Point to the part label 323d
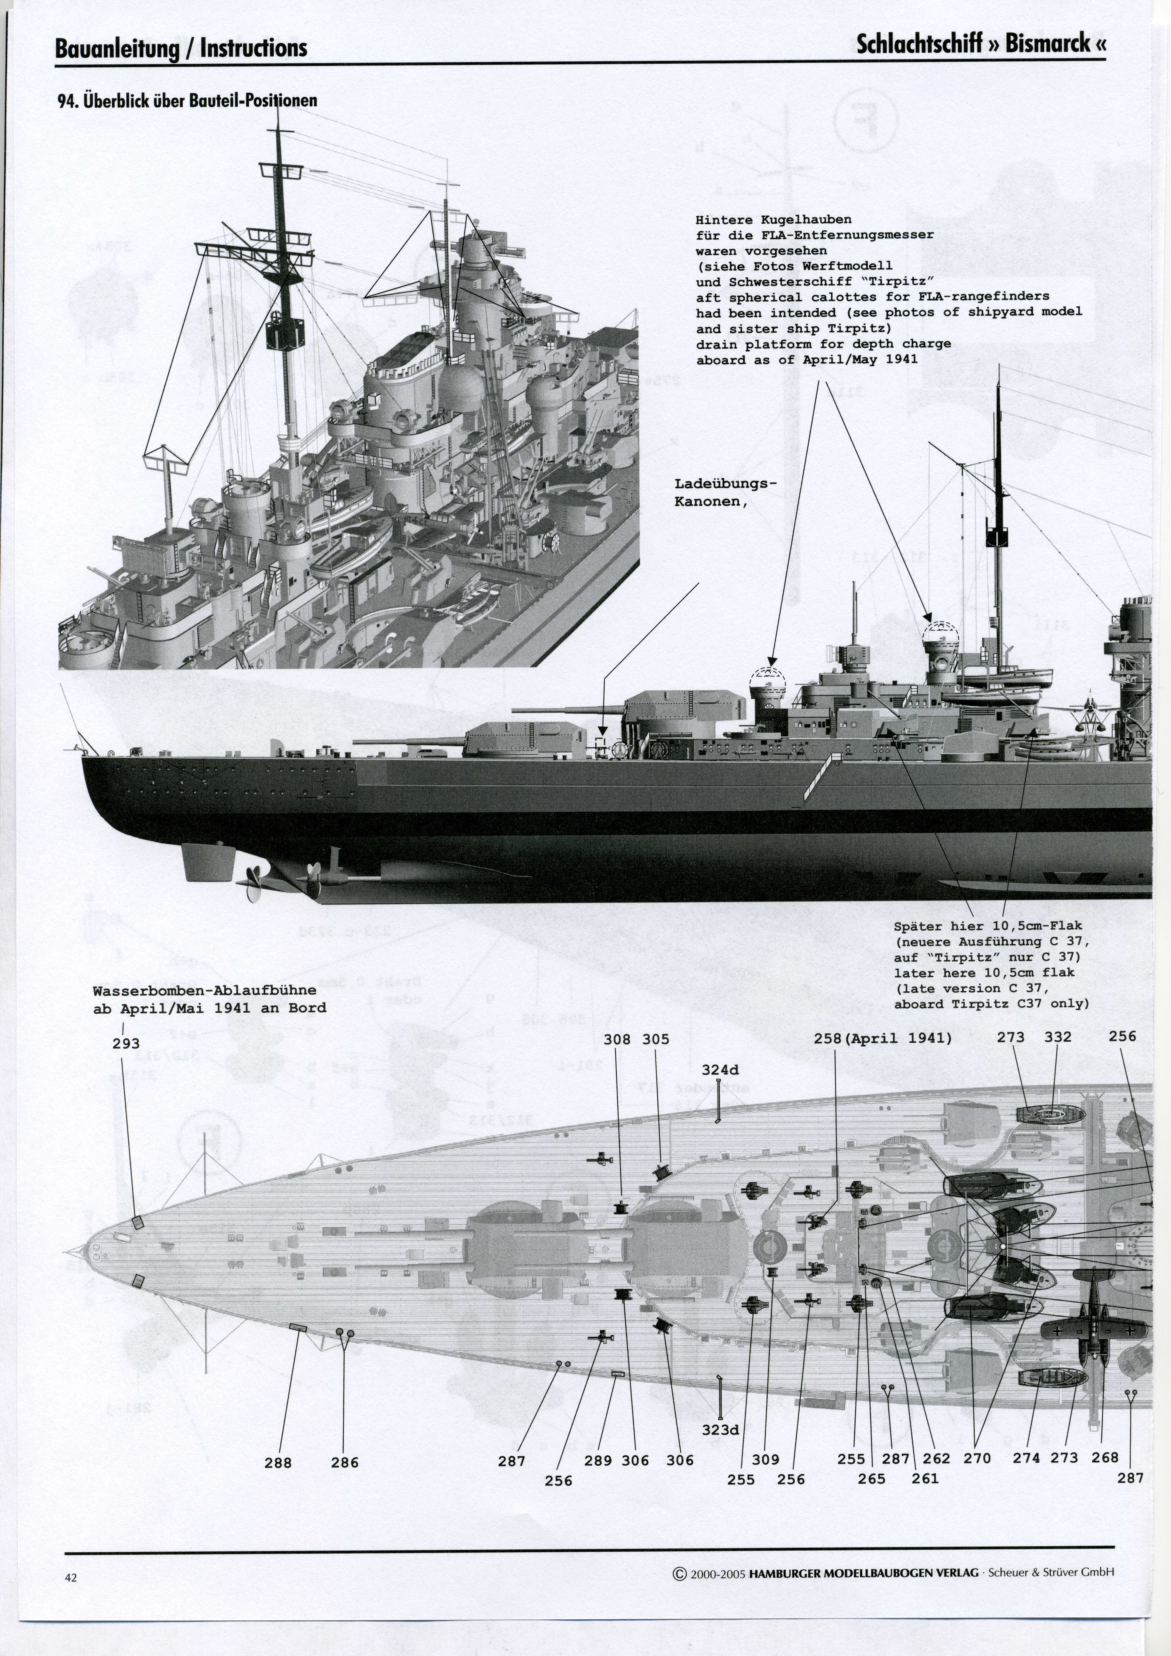[x=720, y=1430]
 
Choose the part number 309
[x=766, y=1460]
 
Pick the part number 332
[x=1058, y=1037]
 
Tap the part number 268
[x=1105, y=1458]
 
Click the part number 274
[x=1026, y=1458]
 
